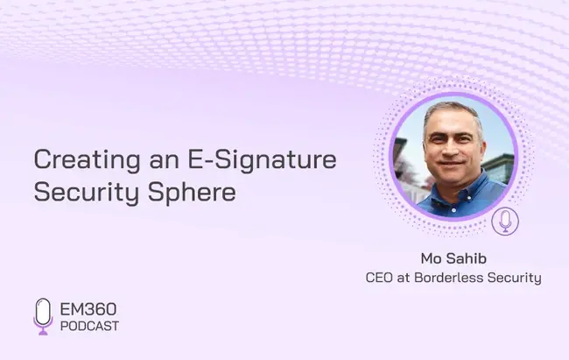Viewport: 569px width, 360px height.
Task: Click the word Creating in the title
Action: pyautogui.click(x=87, y=160)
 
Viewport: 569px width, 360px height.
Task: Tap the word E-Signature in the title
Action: pyautogui.click(x=262, y=160)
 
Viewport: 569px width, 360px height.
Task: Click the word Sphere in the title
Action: pyautogui.click(x=192, y=193)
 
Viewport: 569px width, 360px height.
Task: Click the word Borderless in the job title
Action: pyautogui.click(x=448, y=278)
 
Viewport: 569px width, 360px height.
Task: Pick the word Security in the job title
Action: pyautogui.click(x=514, y=279)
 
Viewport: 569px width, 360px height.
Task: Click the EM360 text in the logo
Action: pyautogui.click(x=88, y=309)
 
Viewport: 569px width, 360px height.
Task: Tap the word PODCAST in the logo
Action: pyautogui.click(x=89, y=326)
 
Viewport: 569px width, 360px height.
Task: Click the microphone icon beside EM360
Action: pyautogui.click(x=43, y=316)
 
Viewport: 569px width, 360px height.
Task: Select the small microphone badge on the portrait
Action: pyautogui.click(x=505, y=222)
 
